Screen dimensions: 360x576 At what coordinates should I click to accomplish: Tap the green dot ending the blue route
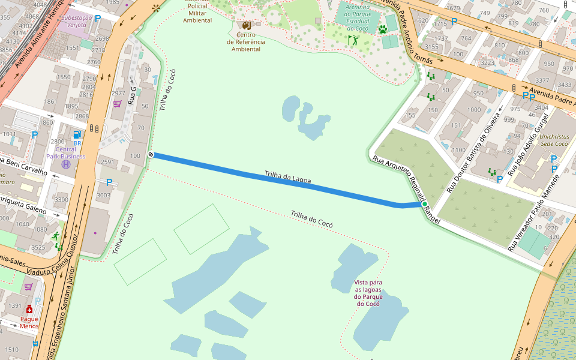coord(424,204)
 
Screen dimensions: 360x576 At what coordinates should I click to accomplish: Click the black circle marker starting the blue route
coord(151,155)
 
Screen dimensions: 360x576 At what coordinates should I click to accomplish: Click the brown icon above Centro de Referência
coord(246,26)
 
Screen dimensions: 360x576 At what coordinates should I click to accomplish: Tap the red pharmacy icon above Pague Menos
coord(29,309)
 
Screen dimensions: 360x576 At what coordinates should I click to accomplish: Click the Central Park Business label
coord(66,153)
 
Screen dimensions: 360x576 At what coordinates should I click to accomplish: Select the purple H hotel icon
coord(66,164)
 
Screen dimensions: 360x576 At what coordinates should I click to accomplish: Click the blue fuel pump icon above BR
coord(77,135)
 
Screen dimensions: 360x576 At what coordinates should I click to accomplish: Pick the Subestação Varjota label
coord(77,22)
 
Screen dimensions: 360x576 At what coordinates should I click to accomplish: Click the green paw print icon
coord(383,29)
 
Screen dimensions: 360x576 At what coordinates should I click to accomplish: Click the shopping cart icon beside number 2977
coord(117,104)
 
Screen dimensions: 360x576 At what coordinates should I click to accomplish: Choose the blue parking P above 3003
coord(109,182)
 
